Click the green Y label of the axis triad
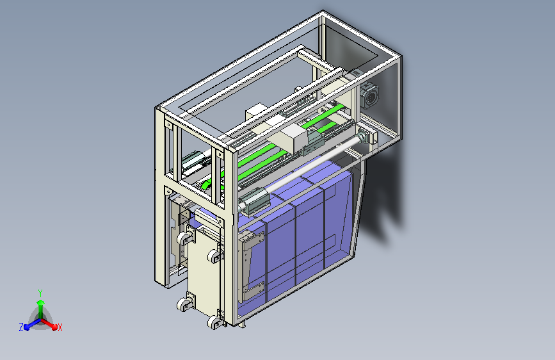[x=40, y=293]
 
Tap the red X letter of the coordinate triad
[x=60, y=327]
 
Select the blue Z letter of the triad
[x=21, y=327]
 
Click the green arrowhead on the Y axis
[x=41, y=302]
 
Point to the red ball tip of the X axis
[x=54, y=327]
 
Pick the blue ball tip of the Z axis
[x=27, y=327]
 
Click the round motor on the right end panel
[x=369, y=95]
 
